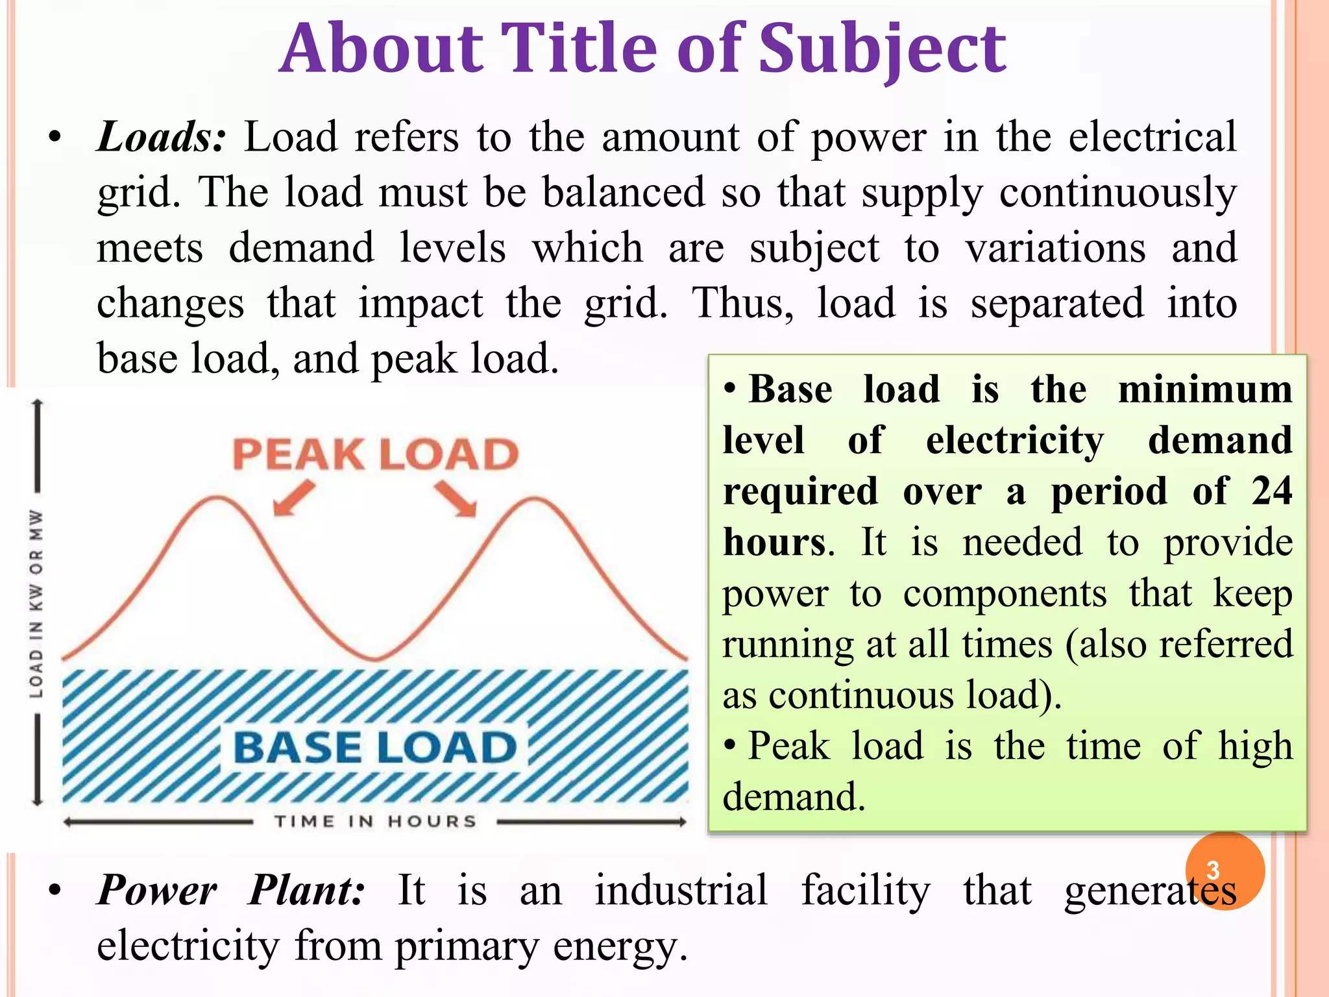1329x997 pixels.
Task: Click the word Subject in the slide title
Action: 883,49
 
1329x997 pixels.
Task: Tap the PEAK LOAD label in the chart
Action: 376,454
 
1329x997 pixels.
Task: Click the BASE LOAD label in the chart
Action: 374,747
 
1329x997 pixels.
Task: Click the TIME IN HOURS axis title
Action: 375,822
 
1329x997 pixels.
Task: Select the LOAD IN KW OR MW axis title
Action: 37,604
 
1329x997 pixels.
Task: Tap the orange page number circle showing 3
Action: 1225,870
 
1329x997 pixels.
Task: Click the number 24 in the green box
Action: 1272,491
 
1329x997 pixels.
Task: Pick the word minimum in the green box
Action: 1205,389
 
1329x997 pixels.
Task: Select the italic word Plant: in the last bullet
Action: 307,890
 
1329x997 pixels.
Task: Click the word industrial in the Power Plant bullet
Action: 681,890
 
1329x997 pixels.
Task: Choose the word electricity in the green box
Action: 1014,441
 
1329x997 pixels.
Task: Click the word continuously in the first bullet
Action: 1117,193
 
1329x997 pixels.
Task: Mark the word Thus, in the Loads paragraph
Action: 743,303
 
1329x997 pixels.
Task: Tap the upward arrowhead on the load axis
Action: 38,404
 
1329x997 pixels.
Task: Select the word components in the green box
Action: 1005,593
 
